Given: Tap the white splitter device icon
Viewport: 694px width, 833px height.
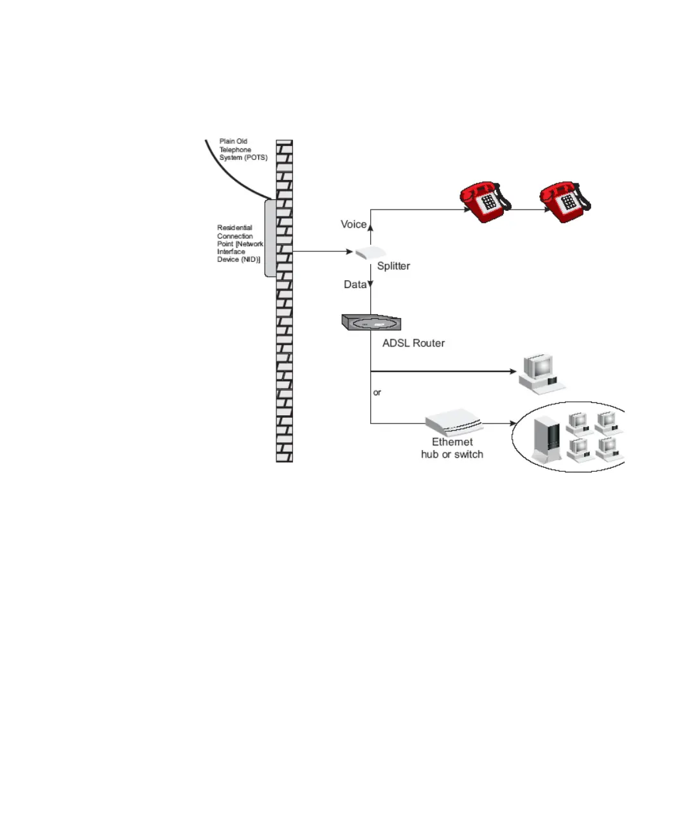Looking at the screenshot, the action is click(370, 253).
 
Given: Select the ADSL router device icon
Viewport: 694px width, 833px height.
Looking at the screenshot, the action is click(371, 323).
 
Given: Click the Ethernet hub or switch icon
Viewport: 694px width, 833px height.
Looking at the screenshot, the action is click(454, 423).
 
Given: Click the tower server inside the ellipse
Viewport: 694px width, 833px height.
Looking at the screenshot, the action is click(546, 439).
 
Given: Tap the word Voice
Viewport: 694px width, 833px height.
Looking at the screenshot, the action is click(353, 224).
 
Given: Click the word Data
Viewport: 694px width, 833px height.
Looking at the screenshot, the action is click(355, 284).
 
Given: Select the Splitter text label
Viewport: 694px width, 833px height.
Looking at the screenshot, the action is click(393, 266).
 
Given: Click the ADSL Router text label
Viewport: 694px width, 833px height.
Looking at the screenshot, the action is click(413, 343).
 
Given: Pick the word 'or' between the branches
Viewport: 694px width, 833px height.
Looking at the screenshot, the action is click(377, 392).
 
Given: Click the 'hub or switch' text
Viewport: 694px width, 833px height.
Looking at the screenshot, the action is click(452, 454).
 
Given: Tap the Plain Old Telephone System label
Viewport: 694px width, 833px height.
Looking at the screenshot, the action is click(242, 149).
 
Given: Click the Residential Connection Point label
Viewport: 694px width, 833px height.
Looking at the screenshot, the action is click(239, 244).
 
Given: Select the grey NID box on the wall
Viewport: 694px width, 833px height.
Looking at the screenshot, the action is click(270, 238).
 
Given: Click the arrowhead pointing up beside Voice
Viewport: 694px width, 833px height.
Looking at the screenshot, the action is click(371, 227).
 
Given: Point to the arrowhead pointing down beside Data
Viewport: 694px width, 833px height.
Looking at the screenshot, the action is click(371, 284).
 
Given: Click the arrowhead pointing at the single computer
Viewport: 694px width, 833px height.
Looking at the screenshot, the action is click(513, 372).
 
